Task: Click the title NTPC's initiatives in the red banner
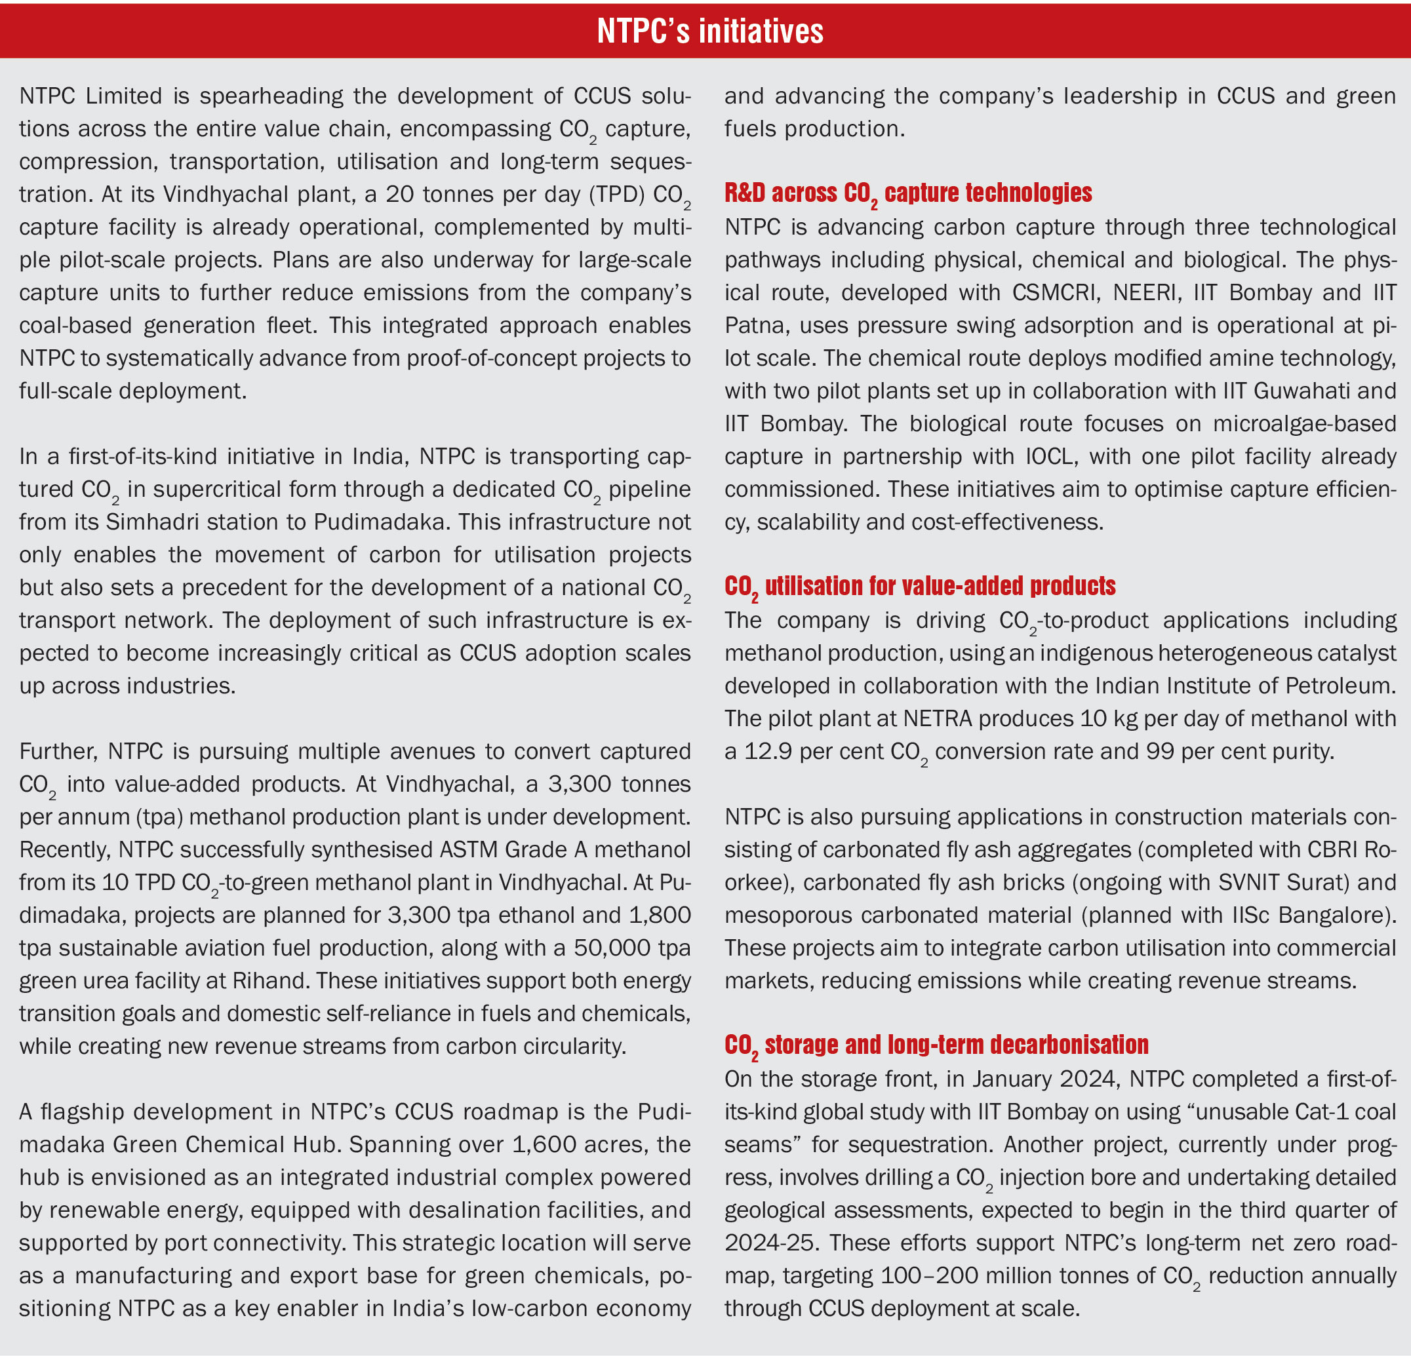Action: [710, 31]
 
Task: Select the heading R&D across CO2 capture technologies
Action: [908, 193]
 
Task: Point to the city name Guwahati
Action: [1302, 391]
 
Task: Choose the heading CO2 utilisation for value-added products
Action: [919, 587]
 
